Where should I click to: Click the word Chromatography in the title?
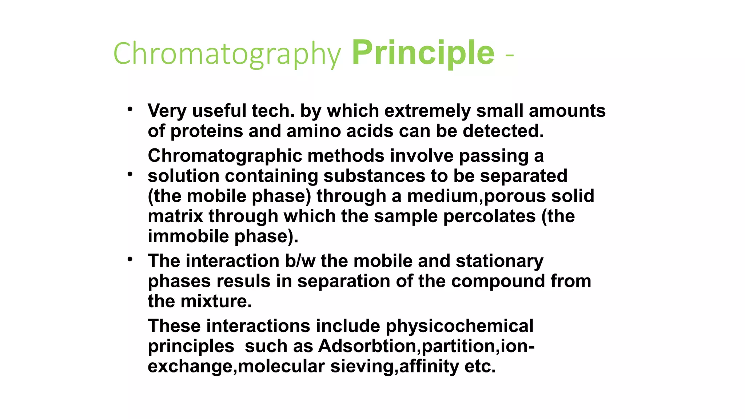pos(227,54)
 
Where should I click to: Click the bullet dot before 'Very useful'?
pos(130,109)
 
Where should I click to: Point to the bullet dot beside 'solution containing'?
pos(130,175)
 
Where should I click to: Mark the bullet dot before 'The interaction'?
pos(130,259)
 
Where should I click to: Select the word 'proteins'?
pos(206,131)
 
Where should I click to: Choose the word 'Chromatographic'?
pos(225,156)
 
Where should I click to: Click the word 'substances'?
pos(374,176)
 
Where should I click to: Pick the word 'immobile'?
pos(188,236)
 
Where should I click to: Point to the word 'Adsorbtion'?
pos(369,346)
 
